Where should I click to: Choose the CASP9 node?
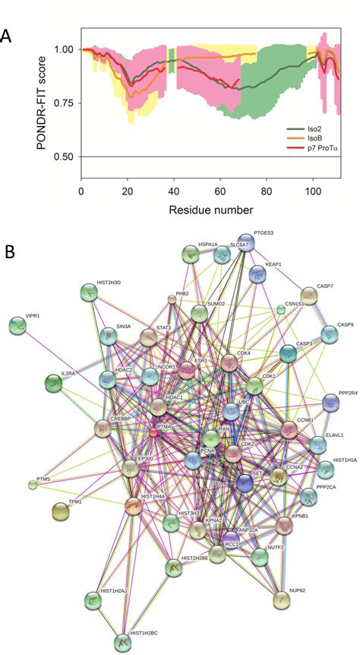(329, 333)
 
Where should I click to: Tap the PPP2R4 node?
(330, 402)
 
